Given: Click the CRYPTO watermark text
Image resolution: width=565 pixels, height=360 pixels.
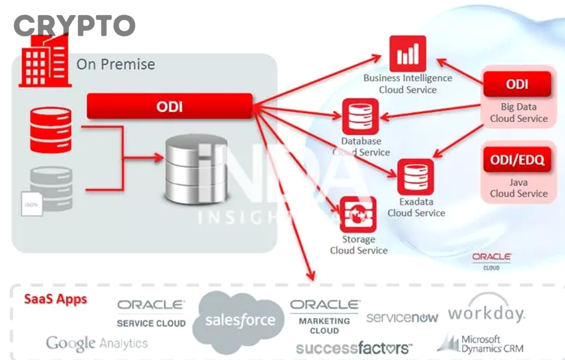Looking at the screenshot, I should pos(74,26).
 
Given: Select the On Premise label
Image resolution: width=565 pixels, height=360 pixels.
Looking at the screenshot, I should pos(116,64).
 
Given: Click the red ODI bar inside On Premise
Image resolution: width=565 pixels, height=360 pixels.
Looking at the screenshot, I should pos(169,106).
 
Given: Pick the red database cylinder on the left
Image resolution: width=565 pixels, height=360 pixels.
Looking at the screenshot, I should pos(51,130).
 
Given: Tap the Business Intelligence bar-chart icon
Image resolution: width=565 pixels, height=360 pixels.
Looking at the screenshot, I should pos(407,54).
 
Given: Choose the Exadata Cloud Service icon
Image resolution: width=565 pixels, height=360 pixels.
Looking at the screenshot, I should pos(416,177).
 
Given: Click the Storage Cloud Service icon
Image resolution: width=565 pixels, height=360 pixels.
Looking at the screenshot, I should pos(358,215).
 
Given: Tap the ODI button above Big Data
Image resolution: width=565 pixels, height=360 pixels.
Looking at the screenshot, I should pos(517,84).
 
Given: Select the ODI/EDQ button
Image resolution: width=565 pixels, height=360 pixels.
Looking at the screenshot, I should pos(517,161).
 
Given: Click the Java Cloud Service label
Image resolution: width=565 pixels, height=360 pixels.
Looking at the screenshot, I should pos(519,188).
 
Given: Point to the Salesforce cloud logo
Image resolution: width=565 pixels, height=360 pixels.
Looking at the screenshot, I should pos(240,320).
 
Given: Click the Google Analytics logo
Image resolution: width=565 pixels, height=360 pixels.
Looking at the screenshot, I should pos(97,343).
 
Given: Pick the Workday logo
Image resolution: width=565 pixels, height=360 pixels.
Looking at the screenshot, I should pos(487,312).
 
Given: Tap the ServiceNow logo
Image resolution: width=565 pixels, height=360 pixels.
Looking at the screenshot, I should pos(402,317).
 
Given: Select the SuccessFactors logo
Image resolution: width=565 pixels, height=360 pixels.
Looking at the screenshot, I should pos(354,347).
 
